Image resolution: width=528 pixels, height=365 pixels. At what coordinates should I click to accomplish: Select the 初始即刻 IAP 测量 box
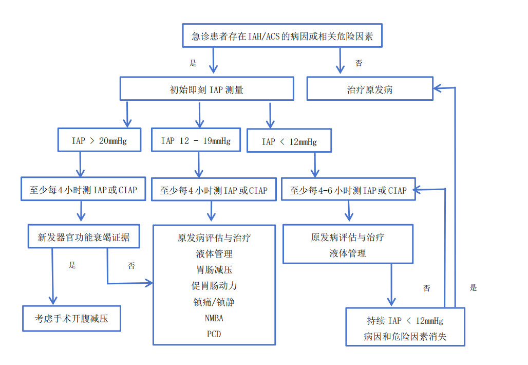pyautogui.click(x=206, y=89)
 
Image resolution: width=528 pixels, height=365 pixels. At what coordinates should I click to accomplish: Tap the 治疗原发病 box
pyautogui.click(x=370, y=89)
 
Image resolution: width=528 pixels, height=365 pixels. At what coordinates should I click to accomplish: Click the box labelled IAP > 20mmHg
pyautogui.click(x=99, y=140)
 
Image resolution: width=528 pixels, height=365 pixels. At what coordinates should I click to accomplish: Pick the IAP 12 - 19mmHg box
pyautogui.click(x=196, y=140)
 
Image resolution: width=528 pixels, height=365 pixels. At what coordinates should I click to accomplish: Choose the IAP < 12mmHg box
pyautogui.click(x=289, y=141)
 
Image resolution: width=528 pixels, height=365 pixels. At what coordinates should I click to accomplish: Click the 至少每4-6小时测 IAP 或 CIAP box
pyautogui.click(x=348, y=190)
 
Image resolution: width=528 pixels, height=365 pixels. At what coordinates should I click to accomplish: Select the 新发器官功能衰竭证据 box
pyautogui.click(x=84, y=237)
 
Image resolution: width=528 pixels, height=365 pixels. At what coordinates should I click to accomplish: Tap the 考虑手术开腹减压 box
pyautogui.click(x=71, y=319)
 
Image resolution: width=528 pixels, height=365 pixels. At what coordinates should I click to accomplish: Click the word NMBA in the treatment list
pyautogui.click(x=214, y=318)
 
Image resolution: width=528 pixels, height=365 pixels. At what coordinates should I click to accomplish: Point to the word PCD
pyautogui.click(x=214, y=334)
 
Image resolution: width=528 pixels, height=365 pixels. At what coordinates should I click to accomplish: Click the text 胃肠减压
pyautogui.click(x=214, y=269)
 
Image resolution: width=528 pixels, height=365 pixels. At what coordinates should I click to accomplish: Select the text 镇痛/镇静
pyautogui.click(x=214, y=302)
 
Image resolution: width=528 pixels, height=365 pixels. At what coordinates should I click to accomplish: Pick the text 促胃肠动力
pyautogui.click(x=214, y=285)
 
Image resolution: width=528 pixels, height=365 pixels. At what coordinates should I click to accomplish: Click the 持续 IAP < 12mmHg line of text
pyautogui.click(x=405, y=321)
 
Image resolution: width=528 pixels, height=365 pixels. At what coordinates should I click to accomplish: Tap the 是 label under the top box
pyautogui.click(x=193, y=63)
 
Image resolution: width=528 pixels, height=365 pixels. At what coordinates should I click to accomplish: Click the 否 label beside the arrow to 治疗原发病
pyautogui.click(x=359, y=63)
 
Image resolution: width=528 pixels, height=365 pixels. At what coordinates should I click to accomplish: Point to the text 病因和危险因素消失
pyautogui.click(x=405, y=337)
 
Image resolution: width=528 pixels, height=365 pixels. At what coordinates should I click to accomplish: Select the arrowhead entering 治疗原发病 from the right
pyautogui.click(x=438, y=88)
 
